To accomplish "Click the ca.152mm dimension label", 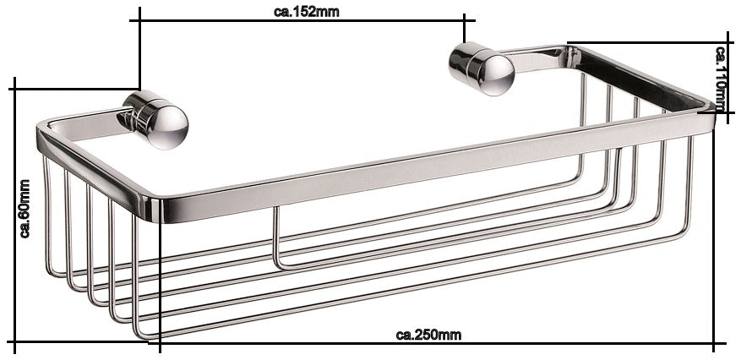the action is point(306,12).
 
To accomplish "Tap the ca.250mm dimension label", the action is point(428,335).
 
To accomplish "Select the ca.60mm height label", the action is point(25,209).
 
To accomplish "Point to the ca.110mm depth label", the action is point(721,79).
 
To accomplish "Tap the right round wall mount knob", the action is point(482,68).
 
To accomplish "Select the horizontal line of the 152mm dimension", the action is point(302,21).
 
